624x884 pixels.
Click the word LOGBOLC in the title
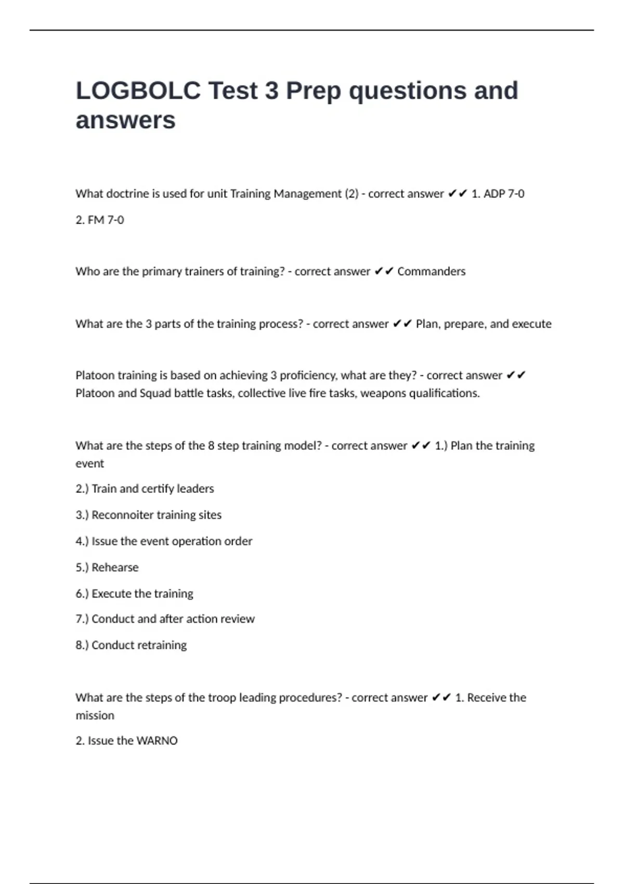138,90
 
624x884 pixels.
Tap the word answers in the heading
125,121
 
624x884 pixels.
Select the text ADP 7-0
504,194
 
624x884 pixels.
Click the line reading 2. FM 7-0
100,220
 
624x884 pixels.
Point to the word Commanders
431,271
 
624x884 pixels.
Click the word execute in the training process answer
531,324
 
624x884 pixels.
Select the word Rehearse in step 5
115,567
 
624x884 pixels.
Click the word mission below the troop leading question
95,716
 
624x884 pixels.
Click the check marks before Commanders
384,271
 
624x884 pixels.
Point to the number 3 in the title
271,90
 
